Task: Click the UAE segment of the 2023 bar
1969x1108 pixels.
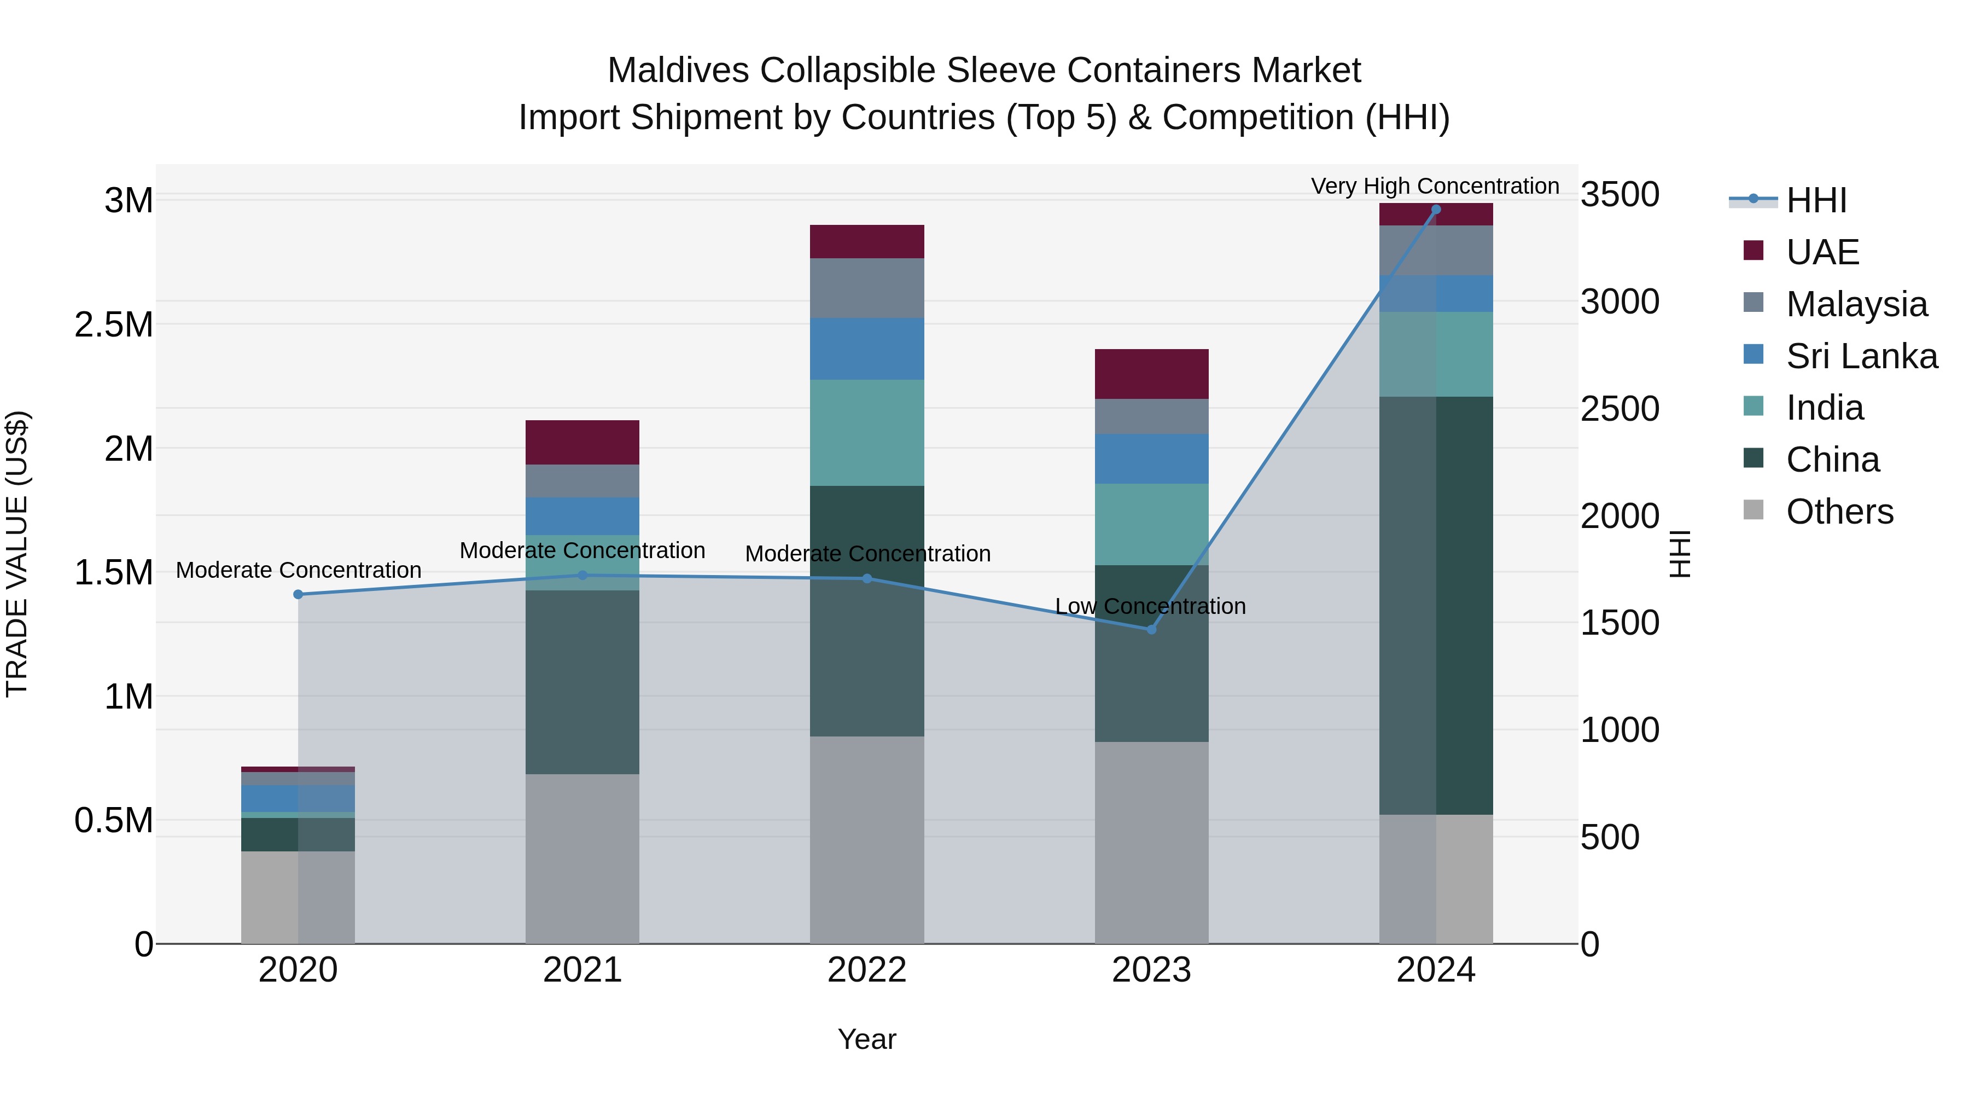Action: click(1151, 374)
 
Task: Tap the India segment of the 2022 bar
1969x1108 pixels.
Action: click(867, 433)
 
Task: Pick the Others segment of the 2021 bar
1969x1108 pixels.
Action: click(582, 858)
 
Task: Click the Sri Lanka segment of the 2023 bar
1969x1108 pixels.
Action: click(1151, 459)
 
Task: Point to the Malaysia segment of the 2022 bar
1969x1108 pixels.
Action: click(867, 288)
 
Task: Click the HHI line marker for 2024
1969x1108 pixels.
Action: click(1436, 210)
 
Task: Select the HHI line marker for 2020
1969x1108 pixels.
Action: click(298, 594)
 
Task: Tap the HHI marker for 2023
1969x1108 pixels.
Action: click(1151, 629)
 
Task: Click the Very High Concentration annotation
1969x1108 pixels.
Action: click(1435, 186)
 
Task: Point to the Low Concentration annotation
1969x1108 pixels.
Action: click(1150, 606)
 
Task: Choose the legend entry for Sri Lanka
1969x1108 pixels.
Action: click(1861, 356)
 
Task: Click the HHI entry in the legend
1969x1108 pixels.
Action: click(1816, 200)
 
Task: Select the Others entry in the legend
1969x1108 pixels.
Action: click(1839, 512)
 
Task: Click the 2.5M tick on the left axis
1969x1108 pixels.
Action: click(114, 325)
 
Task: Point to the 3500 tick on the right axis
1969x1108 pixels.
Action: click(1619, 194)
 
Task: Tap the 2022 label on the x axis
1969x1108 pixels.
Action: click(867, 970)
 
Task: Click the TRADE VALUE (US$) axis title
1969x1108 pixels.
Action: click(17, 554)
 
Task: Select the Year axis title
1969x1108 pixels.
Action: click(867, 1039)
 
